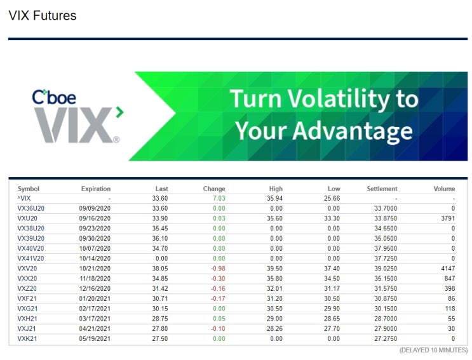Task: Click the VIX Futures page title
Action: tap(43, 16)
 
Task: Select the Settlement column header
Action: tap(382, 189)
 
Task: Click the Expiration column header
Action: tap(95, 189)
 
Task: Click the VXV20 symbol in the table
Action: tap(27, 269)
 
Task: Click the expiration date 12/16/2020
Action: tap(95, 288)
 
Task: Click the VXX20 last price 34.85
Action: tap(159, 278)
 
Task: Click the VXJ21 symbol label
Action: tap(27, 328)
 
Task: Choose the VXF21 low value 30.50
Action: tap(331, 298)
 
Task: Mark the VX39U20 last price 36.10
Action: tap(159, 238)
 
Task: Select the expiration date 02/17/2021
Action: tap(95, 309)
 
